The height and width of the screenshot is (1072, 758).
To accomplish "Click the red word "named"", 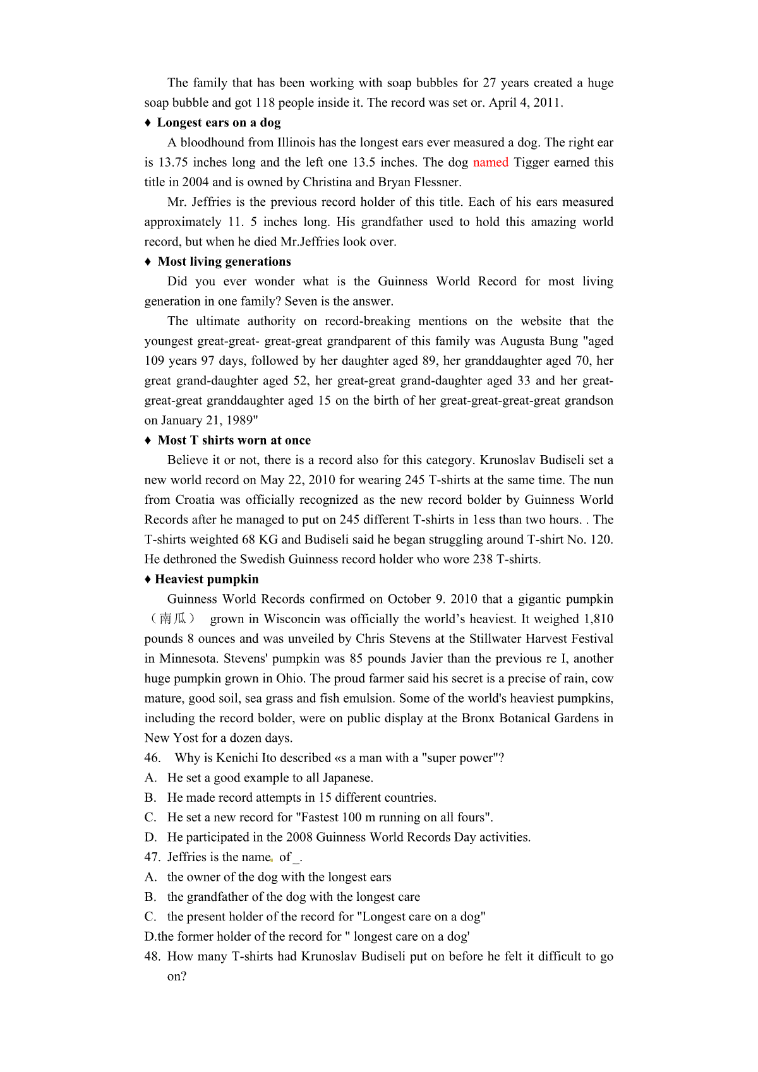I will point(490,162).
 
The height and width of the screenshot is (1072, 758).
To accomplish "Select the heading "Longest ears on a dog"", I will point(219,122).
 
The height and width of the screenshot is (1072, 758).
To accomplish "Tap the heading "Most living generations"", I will point(224,261).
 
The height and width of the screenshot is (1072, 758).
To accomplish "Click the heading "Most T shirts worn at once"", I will point(234,440).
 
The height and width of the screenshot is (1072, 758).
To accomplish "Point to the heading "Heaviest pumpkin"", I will point(207,579).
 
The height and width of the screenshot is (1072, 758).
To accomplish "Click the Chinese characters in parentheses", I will point(173,619).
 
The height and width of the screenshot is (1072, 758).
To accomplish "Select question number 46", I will point(152,758).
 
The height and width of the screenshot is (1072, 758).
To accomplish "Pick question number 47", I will point(152,857).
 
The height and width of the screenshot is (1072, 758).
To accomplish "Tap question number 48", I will point(152,956).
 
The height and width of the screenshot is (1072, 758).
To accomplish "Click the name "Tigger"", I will point(532,162).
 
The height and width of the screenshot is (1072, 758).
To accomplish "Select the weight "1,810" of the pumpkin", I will point(598,619).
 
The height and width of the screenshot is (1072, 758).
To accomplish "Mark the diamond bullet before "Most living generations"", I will point(148,261).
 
